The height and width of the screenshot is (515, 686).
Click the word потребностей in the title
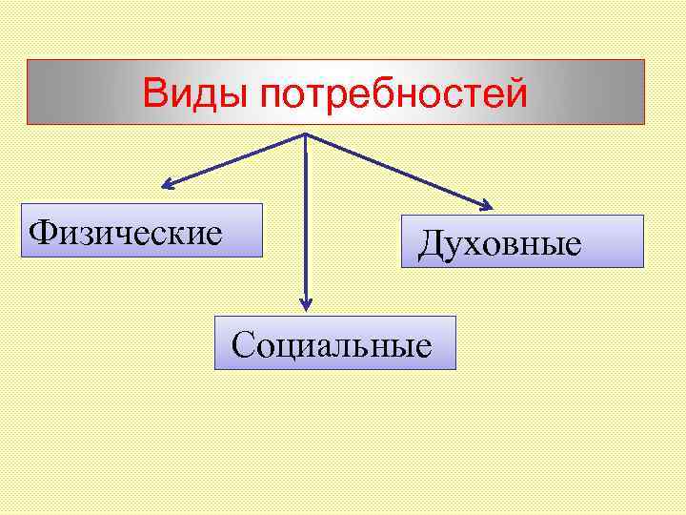pyautogui.click(x=392, y=94)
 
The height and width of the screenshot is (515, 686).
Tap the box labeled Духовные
pyautogui.click(x=522, y=240)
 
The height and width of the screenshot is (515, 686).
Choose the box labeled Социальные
pyautogui.click(x=334, y=341)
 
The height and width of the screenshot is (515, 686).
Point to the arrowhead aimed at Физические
pyautogui.click(x=164, y=184)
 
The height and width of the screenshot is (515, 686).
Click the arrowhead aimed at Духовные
pyautogui.click(x=487, y=204)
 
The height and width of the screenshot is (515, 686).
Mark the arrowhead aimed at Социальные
pyautogui.click(x=305, y=304)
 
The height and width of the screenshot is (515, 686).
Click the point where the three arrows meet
pyautogui.click(x=305, y=134)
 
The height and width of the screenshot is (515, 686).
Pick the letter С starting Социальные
pyautogui.click(x=242, y=342)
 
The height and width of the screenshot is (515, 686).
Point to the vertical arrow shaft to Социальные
pyautogui.click(x=305, y=219)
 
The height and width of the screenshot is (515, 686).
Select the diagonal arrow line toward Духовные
pyautogui.click(x=395, y=169)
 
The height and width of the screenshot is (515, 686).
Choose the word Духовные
pyautogui.click(x=499, y=244)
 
